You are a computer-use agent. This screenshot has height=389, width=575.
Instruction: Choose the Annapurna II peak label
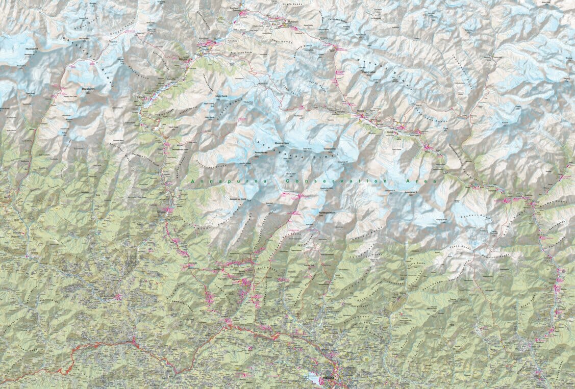[411, 193]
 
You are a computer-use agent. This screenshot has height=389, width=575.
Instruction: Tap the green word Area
[425, 181]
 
